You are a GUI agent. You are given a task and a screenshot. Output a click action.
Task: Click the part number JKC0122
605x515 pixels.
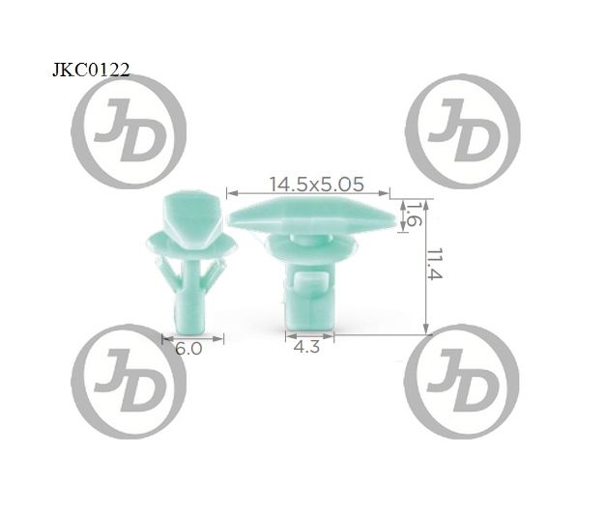coord(91,71)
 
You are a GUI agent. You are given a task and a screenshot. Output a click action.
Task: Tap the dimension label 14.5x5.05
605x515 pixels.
coord(316,184)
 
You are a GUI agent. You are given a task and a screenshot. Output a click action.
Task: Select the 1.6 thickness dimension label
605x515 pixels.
coord(414,215)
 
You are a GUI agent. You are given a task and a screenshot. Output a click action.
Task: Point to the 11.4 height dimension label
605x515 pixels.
coord(435,264)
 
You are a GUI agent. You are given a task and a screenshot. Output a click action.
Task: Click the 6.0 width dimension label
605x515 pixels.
coord(188,349)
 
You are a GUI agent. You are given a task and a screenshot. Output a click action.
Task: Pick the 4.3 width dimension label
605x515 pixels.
coord(306,347)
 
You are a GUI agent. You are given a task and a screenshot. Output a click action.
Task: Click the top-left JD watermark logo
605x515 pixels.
coord(129,131)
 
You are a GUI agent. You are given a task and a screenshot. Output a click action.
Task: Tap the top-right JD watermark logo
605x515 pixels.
coord(463,131)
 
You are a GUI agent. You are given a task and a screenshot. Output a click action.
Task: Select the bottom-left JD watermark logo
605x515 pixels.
coord(129,382)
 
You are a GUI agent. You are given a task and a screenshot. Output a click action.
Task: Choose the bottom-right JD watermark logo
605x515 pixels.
coord(462,382)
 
